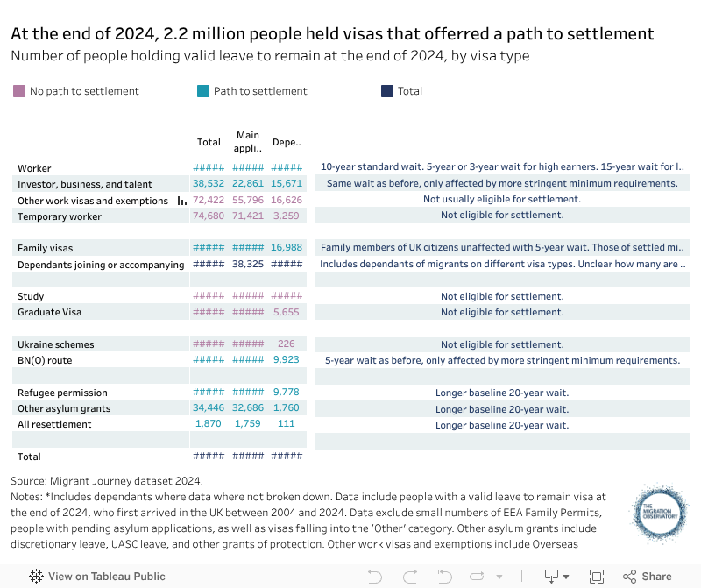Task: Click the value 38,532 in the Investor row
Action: [x=209, y=184]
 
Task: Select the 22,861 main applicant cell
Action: [x=248, y=184]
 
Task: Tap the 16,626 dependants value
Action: [x=286, y=200]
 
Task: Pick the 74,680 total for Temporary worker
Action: [x=209, y=216]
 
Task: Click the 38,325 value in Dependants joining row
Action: [x=248, y=264]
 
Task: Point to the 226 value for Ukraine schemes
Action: [x=286, y=344]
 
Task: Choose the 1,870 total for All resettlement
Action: [x=209, y=424]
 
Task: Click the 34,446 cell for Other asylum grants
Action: [x=209, y=408]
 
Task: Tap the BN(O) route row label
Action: [x=45, y=360]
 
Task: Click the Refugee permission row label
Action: [x=62, y=393]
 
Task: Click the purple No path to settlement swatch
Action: [x=19, y=91]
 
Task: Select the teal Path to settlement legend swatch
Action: [x=203, y=91]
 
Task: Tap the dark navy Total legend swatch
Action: [x=387, y=91]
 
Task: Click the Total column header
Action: [x=209, y=142]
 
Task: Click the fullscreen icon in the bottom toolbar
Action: [x=597, y=577]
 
